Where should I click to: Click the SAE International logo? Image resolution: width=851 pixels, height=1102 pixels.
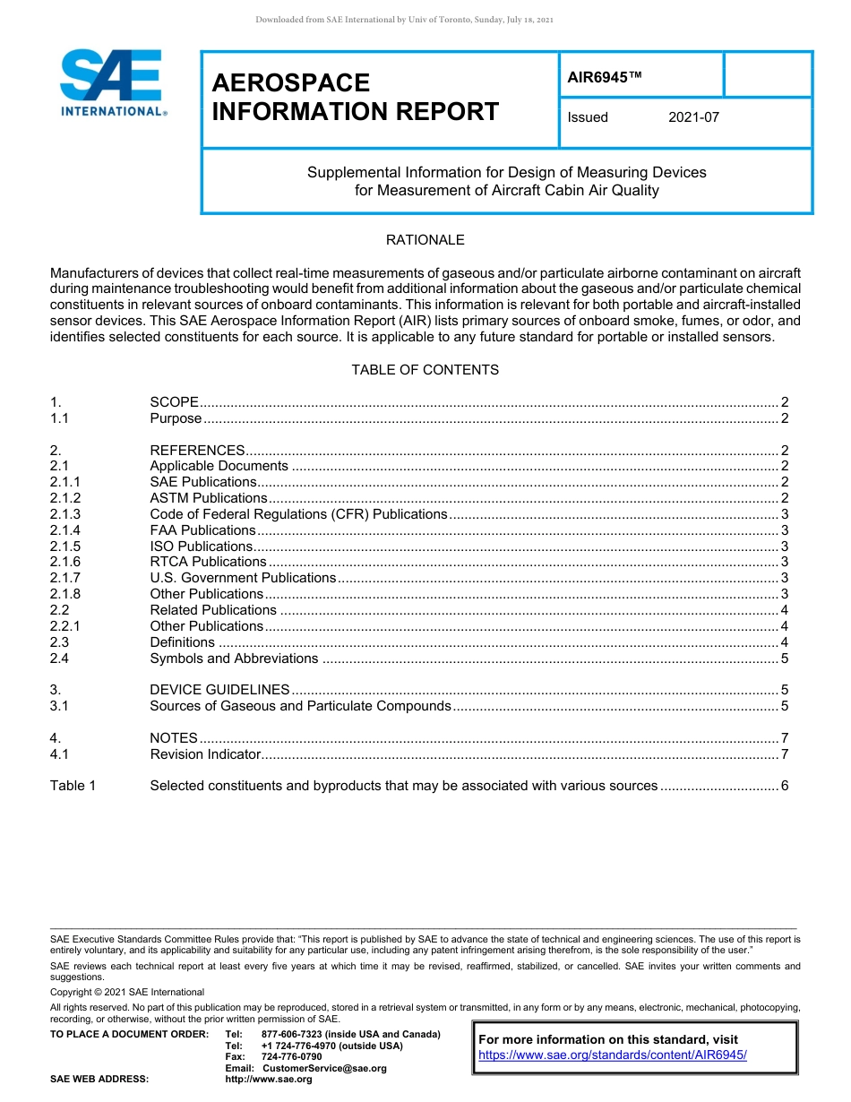point(113,83)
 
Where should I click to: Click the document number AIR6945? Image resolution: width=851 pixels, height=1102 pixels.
point(605,78)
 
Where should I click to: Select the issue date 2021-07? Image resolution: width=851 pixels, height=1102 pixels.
point(693,117)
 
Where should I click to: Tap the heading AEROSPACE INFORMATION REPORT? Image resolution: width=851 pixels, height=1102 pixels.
point(355,97)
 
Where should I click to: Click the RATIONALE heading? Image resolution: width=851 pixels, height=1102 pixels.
point(425,240)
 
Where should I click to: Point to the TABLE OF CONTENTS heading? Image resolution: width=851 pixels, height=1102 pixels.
point(425,370)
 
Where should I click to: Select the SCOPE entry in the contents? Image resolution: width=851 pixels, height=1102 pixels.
point(174,402)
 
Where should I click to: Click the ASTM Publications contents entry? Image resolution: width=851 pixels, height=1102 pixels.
point(208,498)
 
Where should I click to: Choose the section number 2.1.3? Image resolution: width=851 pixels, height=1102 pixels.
point(65,514)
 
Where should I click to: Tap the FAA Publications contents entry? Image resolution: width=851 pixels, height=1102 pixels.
point(202,530)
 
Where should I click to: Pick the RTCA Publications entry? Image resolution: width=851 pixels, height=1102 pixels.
point(208,562)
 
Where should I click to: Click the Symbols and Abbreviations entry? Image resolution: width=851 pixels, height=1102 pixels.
point(234,659)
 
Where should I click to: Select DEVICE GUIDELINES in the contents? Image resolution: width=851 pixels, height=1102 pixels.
point(219,690)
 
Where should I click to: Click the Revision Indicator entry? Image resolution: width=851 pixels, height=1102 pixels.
point(205,754)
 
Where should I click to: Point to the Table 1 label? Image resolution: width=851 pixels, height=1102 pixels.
point(73,786)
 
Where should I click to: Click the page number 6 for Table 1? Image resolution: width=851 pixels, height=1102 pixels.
point(784,786)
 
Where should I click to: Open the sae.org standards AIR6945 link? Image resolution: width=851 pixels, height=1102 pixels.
point(613,1055)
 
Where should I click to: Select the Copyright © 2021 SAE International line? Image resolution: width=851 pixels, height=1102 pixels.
point(127,992)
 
